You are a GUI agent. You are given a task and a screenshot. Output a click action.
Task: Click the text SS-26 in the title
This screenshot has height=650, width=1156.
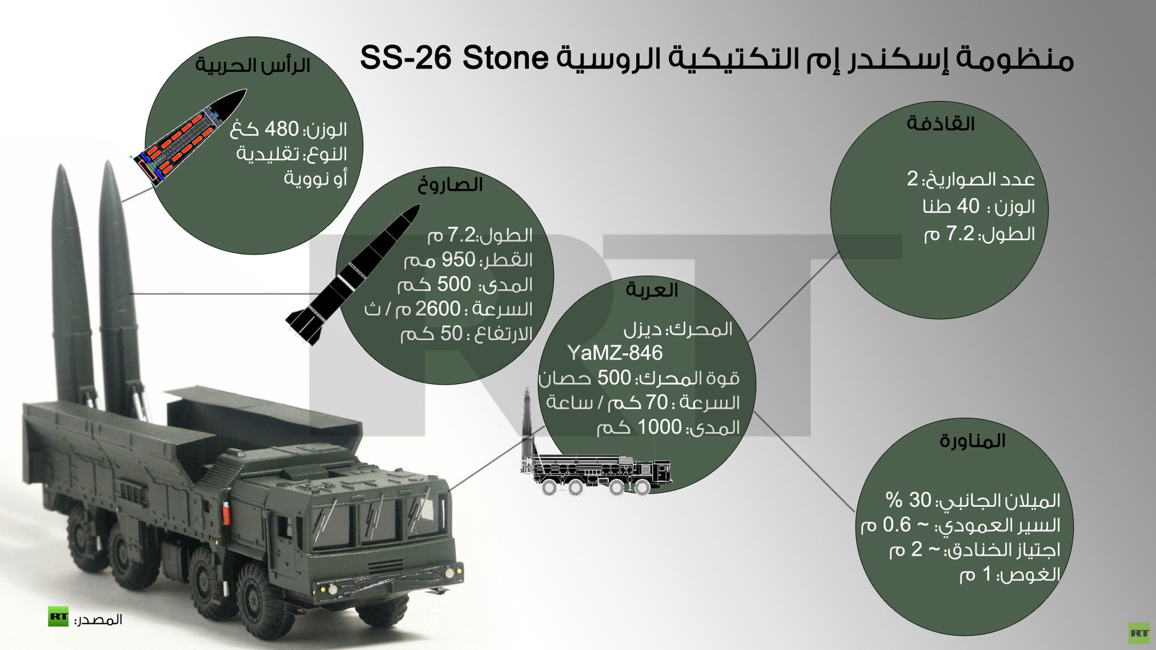pos(405,58)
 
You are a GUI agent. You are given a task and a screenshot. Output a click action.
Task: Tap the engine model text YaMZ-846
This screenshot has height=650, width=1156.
pos(614,353)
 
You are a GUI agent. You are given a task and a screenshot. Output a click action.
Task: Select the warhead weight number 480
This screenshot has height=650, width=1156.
pos(282,129)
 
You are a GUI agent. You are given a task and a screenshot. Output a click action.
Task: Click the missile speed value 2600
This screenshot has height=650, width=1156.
pos(438,309)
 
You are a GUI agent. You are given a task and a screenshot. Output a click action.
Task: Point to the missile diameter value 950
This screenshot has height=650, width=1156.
pos(459,260)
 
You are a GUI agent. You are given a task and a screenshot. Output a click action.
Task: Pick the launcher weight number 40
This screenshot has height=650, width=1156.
pos(968,206)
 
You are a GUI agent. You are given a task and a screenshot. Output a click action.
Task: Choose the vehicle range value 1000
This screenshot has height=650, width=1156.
pos(660,427)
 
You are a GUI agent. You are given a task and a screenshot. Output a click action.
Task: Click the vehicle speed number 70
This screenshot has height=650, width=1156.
pos(657,402)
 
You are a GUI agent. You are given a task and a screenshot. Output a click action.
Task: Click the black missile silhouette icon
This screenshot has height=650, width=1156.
pos(353,274)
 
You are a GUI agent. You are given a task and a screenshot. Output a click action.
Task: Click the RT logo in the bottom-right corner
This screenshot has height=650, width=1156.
pos(1139,633)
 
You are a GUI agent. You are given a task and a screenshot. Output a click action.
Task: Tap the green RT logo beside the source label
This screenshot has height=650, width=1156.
pos(58,616)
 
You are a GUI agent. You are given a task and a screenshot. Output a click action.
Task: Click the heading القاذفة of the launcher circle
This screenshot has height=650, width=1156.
pos(940,124)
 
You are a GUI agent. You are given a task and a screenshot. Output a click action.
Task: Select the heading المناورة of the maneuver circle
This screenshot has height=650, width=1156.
pos(972,441)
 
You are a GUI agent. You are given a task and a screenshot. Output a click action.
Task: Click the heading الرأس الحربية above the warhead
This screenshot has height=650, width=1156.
pos(253,66)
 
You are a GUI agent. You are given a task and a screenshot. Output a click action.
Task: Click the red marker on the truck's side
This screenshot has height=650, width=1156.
pos(227,513)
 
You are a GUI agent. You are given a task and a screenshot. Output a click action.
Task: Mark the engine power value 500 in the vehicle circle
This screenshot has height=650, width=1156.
pos(614,378)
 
